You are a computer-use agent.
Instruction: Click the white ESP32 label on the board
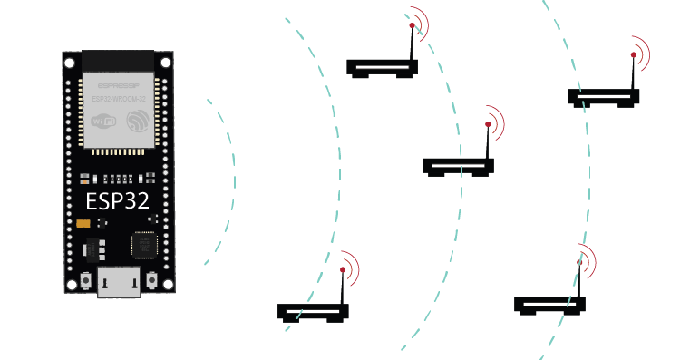117,199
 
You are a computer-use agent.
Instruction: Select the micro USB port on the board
118,284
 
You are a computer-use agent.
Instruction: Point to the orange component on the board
83,222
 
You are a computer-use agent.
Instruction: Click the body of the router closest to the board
313,311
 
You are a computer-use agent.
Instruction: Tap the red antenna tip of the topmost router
412,27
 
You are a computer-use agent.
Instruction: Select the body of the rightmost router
603,96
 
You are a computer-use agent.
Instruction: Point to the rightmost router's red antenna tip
634,55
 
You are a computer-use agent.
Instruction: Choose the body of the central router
458,166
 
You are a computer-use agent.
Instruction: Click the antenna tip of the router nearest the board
343,269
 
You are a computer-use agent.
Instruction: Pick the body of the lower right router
549,304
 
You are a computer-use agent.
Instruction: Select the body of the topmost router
382,66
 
